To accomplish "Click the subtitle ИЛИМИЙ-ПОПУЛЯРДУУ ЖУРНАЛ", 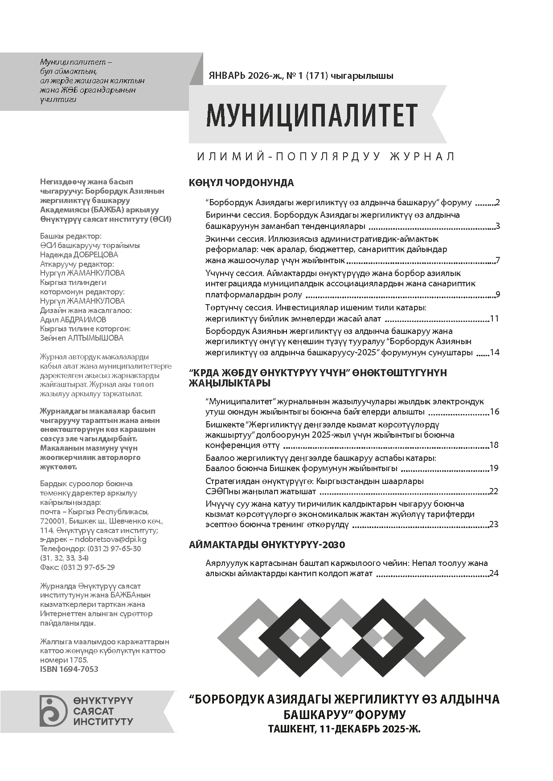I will pos(326,156).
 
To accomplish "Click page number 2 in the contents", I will pos(497,203).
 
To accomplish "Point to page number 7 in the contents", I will pos(497,260).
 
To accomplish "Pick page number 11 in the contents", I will pos(494,319).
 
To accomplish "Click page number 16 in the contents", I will pos(494,411).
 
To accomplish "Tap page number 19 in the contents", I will pos(494,468).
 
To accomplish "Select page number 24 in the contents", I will pos(494,573).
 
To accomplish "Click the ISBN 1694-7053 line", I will pos(69,669).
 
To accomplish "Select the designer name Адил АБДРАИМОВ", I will pos(73,319).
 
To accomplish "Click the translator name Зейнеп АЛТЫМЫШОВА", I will pos(82,338).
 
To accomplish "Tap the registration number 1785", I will pos(78,660).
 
